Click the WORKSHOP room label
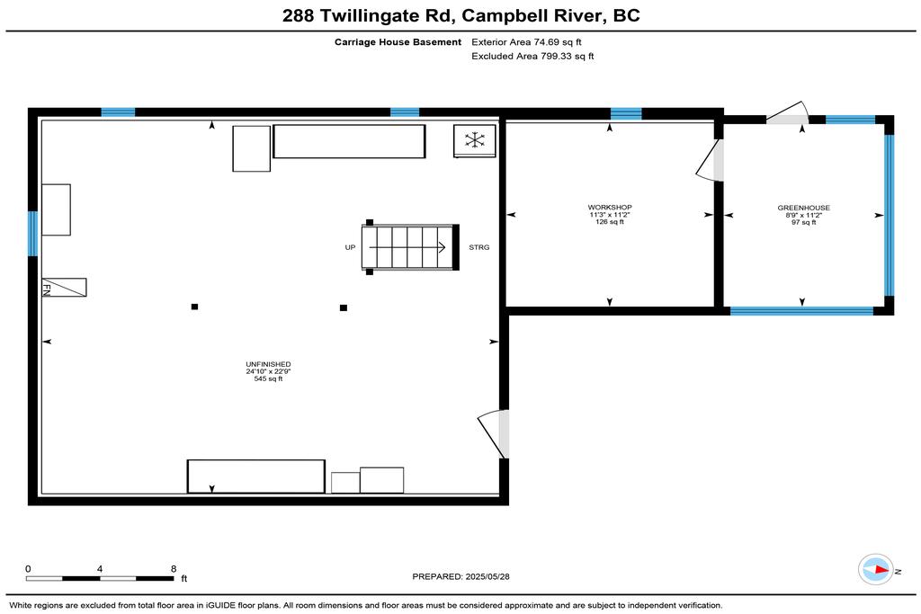pos(610,207)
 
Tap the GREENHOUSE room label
pos(803,208)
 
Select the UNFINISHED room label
pos(268,364)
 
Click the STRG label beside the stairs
pos(478,248)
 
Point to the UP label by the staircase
pos(350,248)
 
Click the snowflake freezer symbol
pos(475,140)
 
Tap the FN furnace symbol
pos(64,287)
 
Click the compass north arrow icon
pos(876,569)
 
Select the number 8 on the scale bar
pos(174,569)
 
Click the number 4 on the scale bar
pos(100,569)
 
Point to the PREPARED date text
pos(461,577)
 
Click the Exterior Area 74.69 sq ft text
pos(526,42)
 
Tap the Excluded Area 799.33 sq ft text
pos(532,57)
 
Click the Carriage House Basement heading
pos(398,42)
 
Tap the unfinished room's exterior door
pos(494,433)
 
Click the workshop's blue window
pos(626,114)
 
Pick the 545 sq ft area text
pos(268,379)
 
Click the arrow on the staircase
pos(407,248)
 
